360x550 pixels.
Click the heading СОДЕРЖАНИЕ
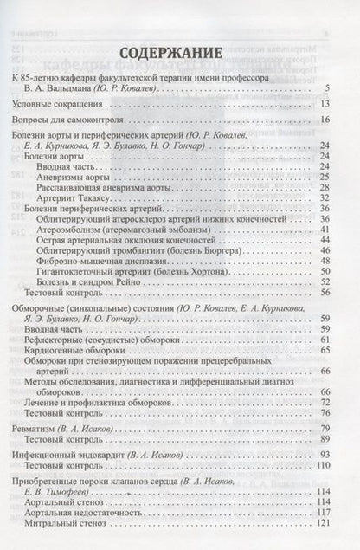click(x=179, y=52)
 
